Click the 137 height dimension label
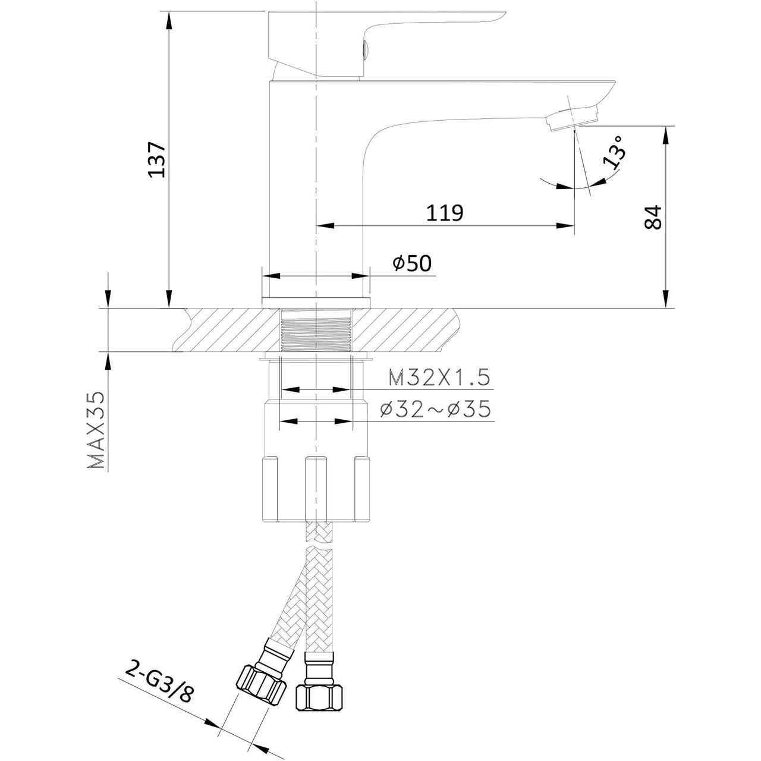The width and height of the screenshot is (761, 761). pos(157,159)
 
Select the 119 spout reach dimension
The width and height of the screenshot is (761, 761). pos(445,213)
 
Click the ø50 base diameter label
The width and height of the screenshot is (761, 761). pos(412,263)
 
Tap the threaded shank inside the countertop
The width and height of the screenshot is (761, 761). pos(316,330)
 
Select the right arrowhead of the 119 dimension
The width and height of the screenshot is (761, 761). pos(565,225)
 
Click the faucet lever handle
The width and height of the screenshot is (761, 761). pos(387,43)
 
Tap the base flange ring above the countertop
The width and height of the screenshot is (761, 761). pos(316,302)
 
